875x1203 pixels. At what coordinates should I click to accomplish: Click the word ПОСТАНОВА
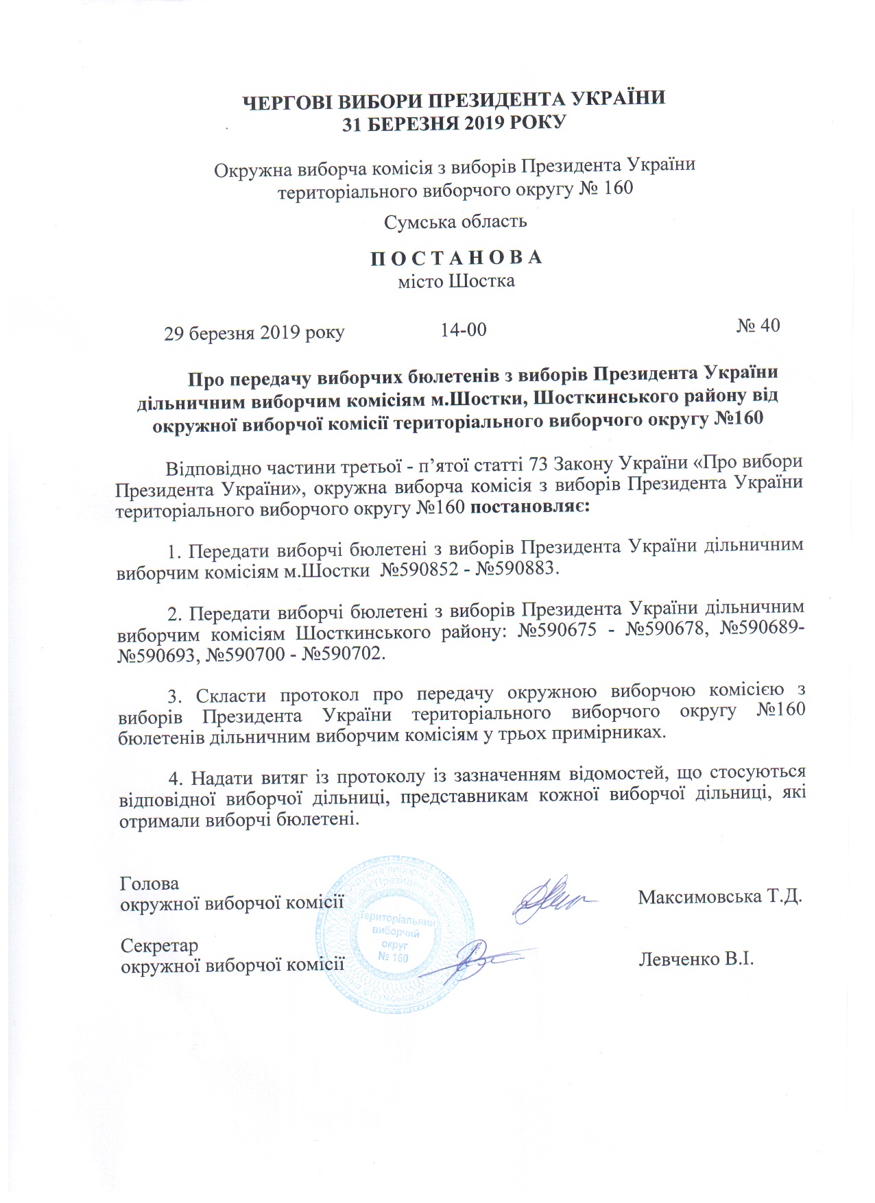[x=457, y=258]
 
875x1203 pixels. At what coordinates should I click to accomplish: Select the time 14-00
[x=464, y=330]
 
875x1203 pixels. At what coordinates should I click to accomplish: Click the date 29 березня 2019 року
[x=254, y=333]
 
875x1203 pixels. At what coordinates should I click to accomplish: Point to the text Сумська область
[x=455, y=221]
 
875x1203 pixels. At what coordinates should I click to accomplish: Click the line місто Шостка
[x=457, y=281]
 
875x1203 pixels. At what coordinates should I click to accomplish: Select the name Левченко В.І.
[x=696, y=958]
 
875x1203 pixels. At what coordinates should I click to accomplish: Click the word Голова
[x=149, y=884]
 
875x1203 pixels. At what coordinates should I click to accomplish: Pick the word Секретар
[x=159, y=946]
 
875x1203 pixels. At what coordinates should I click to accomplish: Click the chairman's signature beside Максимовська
[x=552, y=899]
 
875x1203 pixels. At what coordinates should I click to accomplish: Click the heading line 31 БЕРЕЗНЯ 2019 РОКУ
[x=455, y=123]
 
